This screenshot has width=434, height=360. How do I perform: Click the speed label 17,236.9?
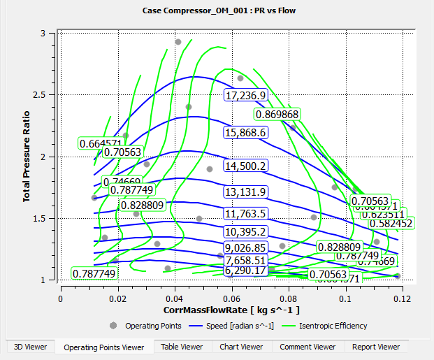[245, 95]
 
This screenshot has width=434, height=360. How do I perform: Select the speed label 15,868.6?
[245, 133]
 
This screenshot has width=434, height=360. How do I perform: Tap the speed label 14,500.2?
[245, 166]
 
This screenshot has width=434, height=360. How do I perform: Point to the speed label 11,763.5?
[245, 214]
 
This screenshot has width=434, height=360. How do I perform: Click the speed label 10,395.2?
[245, 232]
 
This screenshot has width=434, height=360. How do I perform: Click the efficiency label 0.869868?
[277, 114]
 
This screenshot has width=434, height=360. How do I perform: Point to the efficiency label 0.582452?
[391, 223]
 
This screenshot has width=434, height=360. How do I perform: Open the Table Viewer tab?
[180, 346]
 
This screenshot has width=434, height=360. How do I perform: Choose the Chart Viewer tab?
[241, 346]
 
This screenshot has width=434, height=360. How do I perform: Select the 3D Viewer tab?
[28, 346]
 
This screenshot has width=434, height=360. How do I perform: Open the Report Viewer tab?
[376, 346]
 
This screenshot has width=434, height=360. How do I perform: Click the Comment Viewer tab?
[308, 346]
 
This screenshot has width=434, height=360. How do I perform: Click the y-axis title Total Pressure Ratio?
[27, 157]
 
